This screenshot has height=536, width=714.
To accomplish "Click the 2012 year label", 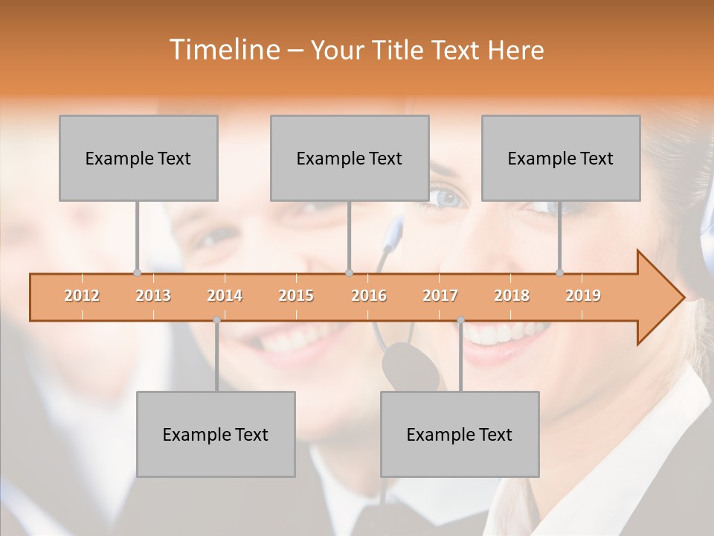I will point(82,296).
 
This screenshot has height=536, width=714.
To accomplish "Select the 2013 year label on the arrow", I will point(153,296).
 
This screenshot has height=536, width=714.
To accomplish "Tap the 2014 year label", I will point(225,296).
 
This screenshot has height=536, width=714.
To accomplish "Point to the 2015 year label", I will point(296,296).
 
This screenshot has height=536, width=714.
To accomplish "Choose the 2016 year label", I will point(369,296).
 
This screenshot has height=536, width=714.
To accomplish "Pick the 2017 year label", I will point(440,296).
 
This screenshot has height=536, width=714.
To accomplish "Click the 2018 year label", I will point(512,296).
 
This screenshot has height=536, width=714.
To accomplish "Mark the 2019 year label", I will point(583,296).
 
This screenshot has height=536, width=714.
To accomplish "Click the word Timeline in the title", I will point(223,50).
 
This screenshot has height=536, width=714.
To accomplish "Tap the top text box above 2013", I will point(138,158).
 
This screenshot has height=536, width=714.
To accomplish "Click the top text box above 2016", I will point(350,158).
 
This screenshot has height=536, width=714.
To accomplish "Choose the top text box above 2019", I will point(561,158).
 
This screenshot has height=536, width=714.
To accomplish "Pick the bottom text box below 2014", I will point(216,434).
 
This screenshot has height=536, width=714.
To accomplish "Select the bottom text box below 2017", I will point(460,434).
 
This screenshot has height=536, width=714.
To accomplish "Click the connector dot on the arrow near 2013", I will point(137,272).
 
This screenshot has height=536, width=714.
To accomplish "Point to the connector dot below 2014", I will point(216,320).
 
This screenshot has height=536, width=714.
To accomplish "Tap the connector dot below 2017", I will point(460,320).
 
